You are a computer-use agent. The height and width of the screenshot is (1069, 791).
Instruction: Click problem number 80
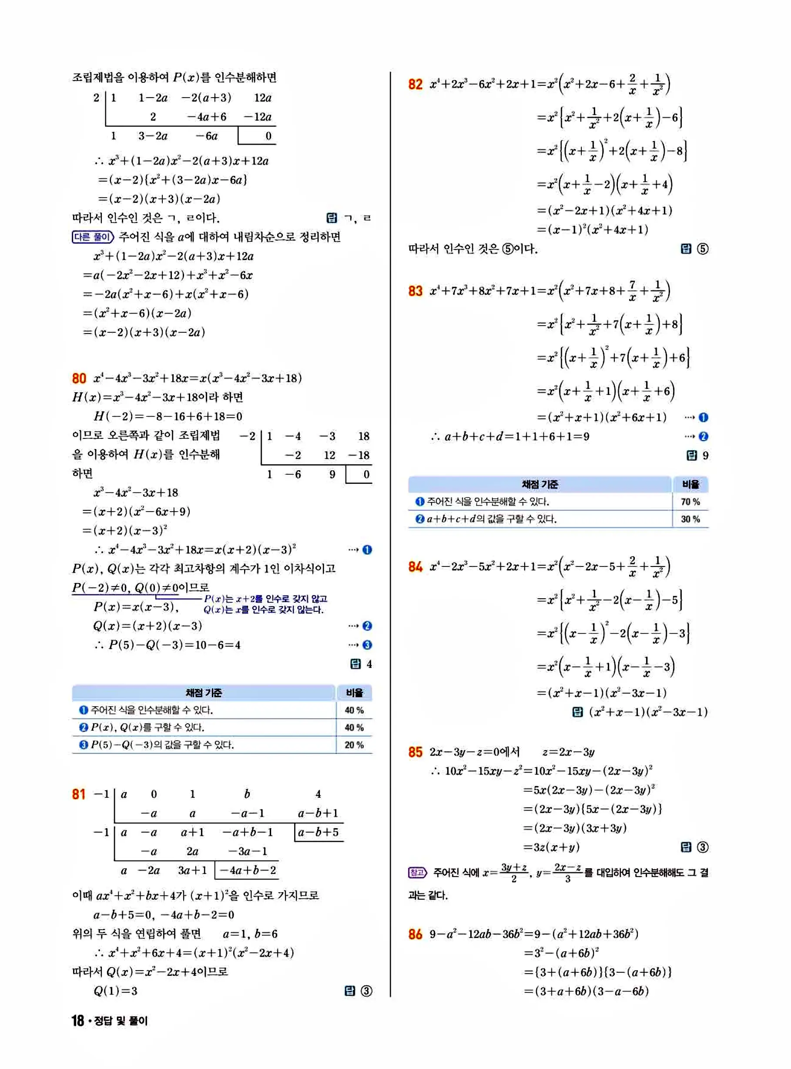point(79,378)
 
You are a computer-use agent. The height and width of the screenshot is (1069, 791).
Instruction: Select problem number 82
point(415,84)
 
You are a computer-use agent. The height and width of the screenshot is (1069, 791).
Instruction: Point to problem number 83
point(415,291)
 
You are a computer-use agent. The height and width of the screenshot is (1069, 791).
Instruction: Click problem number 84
point(415,567)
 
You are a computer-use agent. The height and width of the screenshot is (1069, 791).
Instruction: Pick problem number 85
point(415,752)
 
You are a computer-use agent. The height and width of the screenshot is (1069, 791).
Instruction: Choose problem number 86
point(415,934)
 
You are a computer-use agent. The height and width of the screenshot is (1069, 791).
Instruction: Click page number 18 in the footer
point(77,1021)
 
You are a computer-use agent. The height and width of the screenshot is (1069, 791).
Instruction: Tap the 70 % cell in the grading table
point(690,502)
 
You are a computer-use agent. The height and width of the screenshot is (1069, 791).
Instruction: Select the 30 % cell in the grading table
point(690,519)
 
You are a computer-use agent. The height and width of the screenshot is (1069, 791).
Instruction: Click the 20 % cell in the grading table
point(354,745)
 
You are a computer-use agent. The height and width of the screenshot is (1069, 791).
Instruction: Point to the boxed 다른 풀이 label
point(92,237)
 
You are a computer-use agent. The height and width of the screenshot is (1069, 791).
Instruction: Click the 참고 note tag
point(417,873)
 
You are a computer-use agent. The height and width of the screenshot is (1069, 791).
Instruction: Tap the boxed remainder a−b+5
point(318,832)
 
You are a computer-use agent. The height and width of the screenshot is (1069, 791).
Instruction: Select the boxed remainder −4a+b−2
point(247,870)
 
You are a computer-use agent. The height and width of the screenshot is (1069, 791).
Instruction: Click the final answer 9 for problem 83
point(705,455)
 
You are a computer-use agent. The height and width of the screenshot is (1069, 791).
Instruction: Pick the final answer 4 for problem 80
point(369,664)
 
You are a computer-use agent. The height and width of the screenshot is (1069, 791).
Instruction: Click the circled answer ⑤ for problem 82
point(702,249)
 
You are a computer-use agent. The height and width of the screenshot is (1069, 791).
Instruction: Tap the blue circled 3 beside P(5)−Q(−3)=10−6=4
point(367,645)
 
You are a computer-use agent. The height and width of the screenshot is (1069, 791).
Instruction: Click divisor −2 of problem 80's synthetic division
point(248,436)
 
